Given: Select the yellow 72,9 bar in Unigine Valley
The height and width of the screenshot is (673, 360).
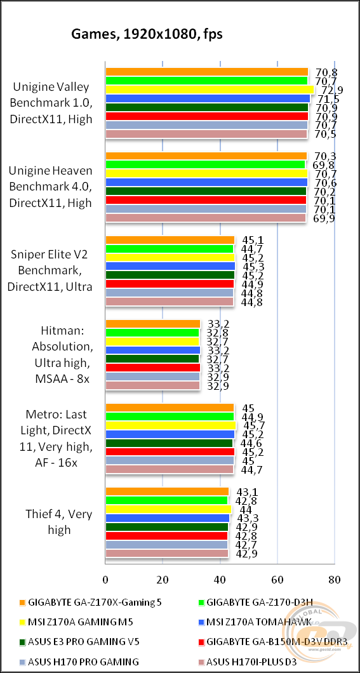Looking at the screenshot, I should click(210, 90).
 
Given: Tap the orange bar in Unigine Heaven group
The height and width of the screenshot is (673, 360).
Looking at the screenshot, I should click(206, 156).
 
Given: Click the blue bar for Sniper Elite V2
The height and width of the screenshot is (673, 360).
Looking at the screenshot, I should click(170, 266).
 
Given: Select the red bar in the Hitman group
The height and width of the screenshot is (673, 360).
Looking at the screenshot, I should click(152, 368).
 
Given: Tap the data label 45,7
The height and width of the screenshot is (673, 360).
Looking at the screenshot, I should click(249, 425).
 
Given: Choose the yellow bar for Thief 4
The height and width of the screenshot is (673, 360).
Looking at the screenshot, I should click(168, 509).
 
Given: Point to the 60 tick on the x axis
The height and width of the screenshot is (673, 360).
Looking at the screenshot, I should click(277, 579).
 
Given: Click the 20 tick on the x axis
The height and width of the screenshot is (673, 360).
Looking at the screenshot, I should click(163, 579).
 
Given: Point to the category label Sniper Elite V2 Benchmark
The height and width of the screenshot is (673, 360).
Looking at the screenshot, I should click(50, 270).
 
